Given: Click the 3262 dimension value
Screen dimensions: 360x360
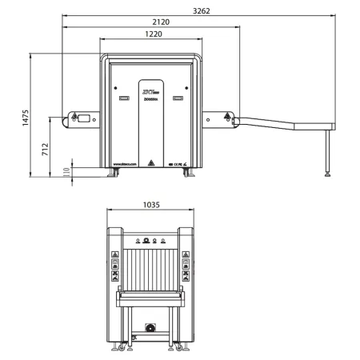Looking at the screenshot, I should (203, 10).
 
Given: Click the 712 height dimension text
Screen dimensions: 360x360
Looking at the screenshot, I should (46, 148).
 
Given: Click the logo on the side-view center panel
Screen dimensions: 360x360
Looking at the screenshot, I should (150, 95).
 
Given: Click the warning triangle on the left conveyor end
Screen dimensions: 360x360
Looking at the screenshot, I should (75, 118).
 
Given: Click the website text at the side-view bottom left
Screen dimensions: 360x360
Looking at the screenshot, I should (126, 163).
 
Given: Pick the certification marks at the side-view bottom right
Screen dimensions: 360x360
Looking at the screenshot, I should (177, 163).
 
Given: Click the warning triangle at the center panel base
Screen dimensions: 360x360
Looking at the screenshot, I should (150, 158).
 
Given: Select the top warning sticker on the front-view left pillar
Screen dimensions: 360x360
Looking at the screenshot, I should (114, 256).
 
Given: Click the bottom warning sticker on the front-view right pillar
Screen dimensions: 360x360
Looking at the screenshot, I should (186, 280).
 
